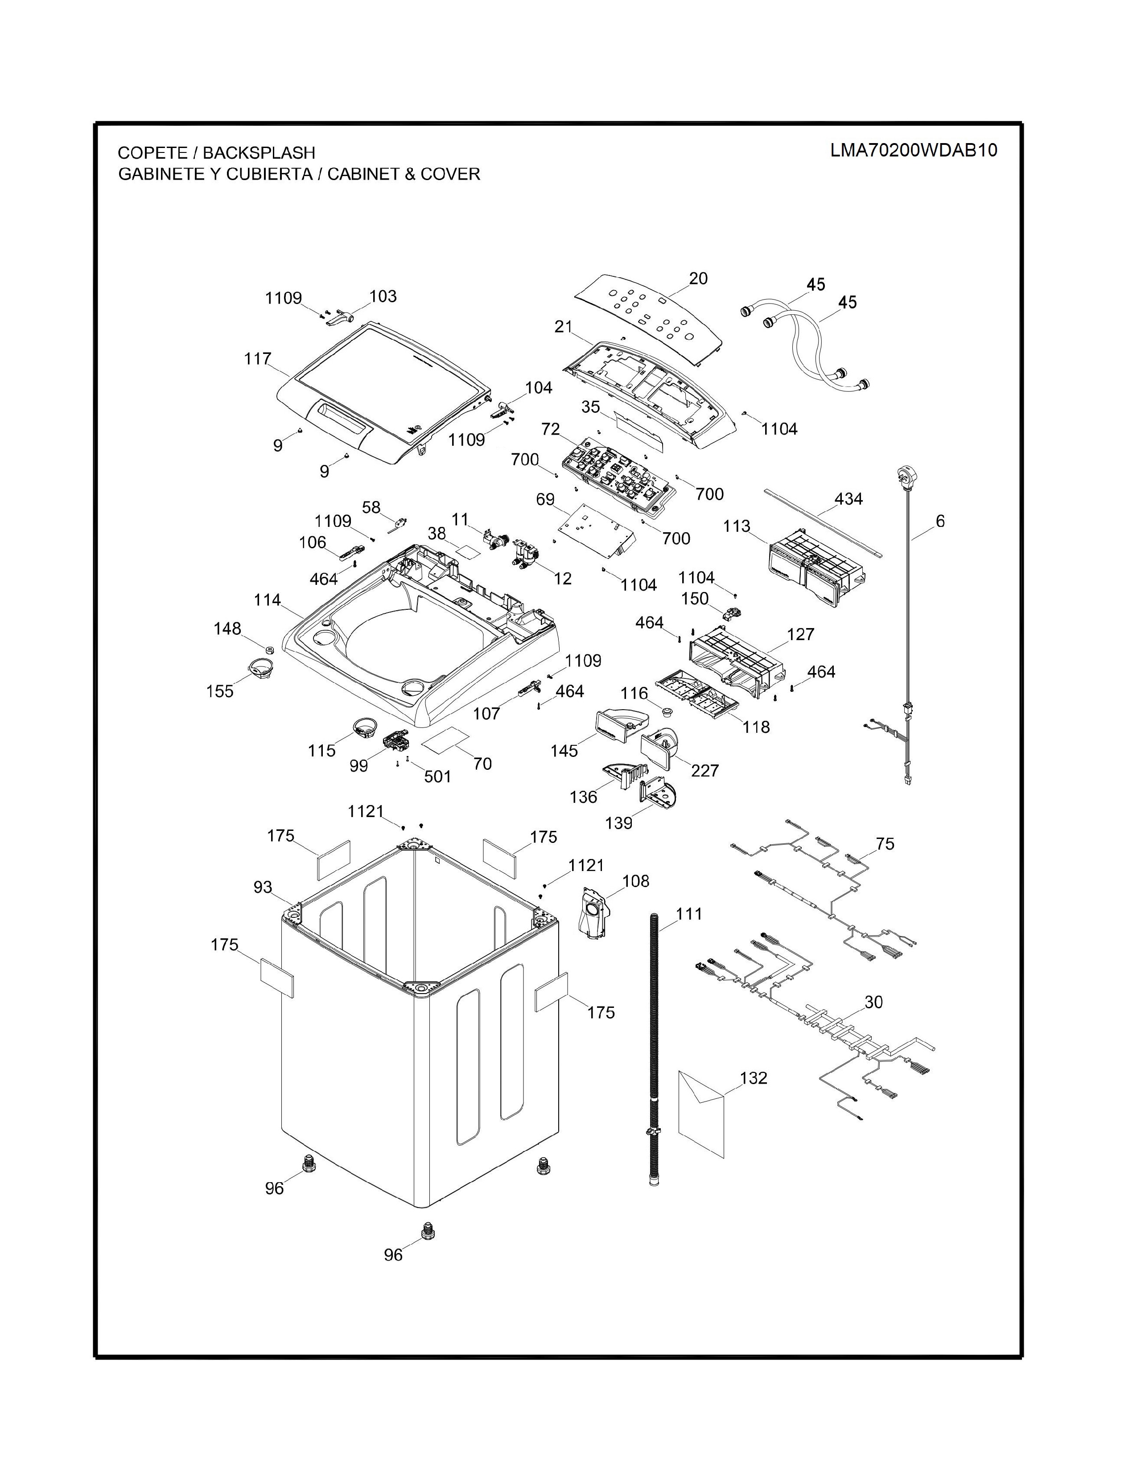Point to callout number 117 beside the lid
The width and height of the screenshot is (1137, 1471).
tap(257, 359)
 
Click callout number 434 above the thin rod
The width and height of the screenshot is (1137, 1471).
tap(848, 499)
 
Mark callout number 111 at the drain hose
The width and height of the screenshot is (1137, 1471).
tap(688, 914)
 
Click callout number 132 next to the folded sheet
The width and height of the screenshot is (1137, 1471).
tap(753, 1078)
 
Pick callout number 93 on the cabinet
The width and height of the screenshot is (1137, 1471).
tap(263, 888)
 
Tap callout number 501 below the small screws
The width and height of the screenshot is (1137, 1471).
tap(437, 777)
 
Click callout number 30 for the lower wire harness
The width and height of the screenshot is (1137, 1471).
tap(873, 1002)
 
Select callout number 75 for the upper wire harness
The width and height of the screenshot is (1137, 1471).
tap(885, 844)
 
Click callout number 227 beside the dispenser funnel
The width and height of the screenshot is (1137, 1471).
tap(704, 771)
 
